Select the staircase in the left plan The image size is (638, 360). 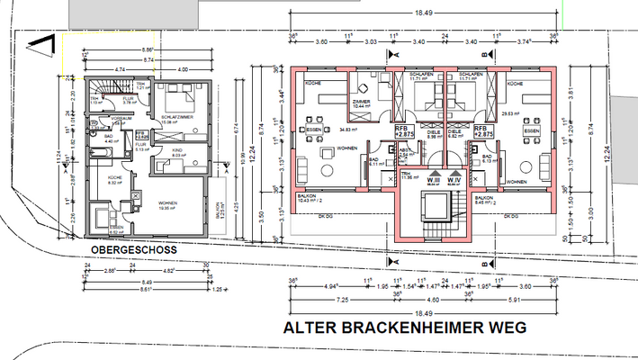point(106,88)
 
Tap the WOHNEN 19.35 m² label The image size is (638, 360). point(164,204)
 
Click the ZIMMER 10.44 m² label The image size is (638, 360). point(364,104)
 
